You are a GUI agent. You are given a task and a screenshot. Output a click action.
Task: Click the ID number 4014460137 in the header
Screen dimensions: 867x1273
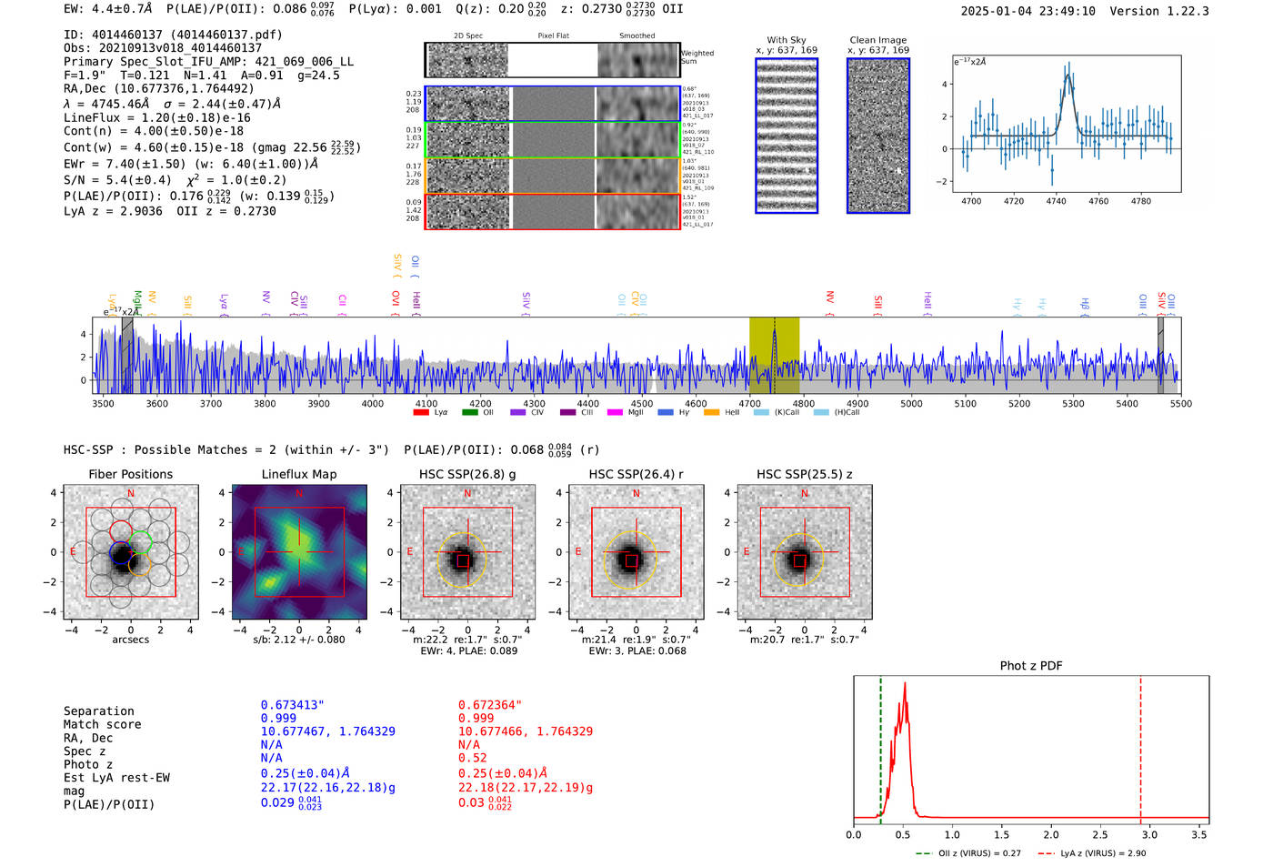pos(126,35)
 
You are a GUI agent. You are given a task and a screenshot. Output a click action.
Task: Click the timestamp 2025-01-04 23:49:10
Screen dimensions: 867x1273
pos(1027,11)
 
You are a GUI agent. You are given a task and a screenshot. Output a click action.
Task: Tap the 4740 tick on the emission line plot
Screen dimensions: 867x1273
pos(1056,201)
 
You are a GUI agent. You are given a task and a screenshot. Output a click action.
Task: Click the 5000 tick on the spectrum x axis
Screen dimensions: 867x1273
pos(911,404)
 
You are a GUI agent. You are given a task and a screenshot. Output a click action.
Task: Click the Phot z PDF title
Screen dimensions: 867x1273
pos(1031,665)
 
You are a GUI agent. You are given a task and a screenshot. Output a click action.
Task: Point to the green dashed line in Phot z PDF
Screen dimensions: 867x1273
pos(880,746)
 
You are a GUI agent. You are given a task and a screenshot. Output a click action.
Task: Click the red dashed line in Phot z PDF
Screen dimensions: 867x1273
pos(1140,746)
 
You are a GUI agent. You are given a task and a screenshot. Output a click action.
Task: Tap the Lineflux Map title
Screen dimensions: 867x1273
pos(298,474)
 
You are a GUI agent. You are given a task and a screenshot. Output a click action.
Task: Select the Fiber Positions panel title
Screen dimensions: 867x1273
pos(130,474)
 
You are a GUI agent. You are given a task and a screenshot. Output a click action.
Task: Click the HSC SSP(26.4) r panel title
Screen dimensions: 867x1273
pos(636,474)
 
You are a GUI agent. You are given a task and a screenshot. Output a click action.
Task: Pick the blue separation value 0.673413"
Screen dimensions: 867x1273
pos(292,705)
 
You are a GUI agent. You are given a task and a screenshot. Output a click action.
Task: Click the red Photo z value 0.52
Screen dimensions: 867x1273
pos(472,758)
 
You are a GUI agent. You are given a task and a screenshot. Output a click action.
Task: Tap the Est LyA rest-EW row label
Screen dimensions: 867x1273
pos(116,778)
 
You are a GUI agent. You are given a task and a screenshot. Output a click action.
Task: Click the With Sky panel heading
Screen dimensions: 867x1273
pos(786,40)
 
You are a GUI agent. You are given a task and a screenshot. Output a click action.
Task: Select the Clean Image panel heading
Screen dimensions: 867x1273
pos(877,40)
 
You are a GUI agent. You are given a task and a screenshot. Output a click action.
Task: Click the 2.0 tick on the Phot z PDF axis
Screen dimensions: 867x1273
pos(1051,834)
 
